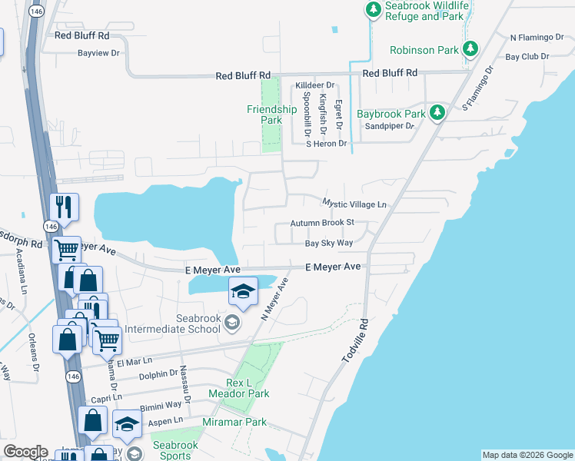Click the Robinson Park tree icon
point(470,50)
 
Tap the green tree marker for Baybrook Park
point(437,114)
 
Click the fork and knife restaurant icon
point(62,206)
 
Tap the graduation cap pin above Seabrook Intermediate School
point(243,291)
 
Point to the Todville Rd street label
point(354,343)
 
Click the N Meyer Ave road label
point(274,299)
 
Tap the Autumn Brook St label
point(321,224)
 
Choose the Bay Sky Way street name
point(328,243)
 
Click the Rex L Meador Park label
point(238,388)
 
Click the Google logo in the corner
point(25,452)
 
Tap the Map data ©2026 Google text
point(527,455)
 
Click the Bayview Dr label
point(98,54)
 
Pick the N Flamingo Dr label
point(537,37)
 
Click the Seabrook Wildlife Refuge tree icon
point(373,10)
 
